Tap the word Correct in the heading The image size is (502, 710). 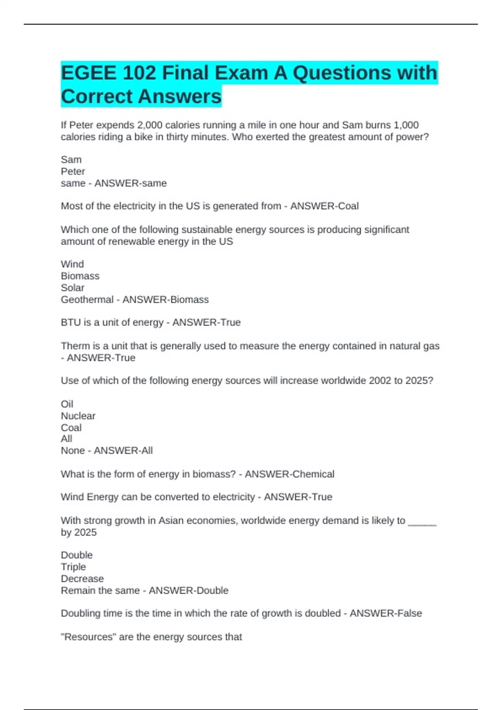[97, 96]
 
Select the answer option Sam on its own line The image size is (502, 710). [71, 160]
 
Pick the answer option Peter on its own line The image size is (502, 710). [73, 171]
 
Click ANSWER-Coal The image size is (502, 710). [324, 206]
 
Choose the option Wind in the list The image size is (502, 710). [72, 264]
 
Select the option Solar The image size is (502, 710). [72, 288]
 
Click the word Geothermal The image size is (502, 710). [87, 299]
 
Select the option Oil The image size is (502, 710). [67, 404]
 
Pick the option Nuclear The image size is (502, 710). [78, 416]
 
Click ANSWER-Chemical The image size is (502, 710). [289, 474]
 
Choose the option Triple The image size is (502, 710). [73, 567]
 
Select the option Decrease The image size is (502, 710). [82, 578]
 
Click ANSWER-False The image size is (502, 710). [386, 613]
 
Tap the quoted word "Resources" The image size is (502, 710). [88, 637]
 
